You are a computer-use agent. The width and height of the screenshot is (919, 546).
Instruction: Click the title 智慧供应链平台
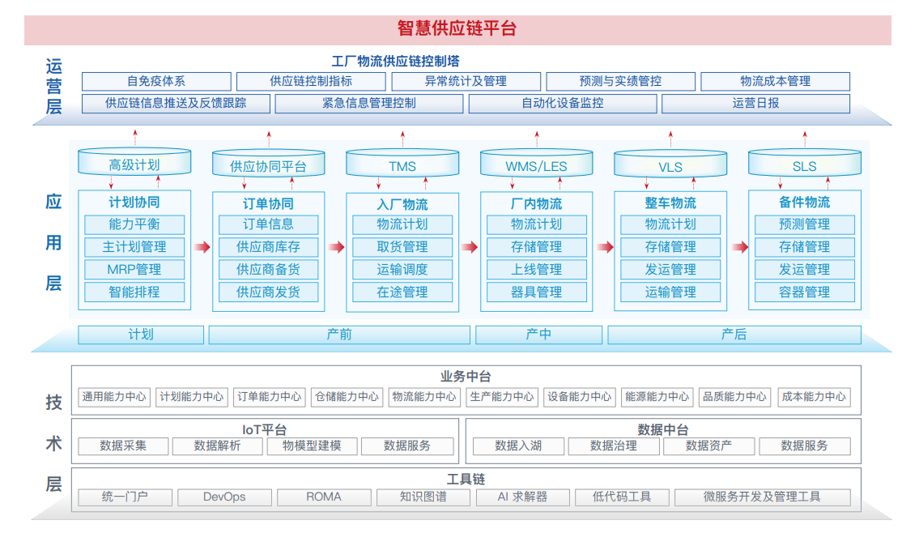(457, 28)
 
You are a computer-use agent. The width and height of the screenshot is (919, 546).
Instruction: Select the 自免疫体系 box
(156, 81)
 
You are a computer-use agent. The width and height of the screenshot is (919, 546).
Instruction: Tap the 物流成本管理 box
(775, 81)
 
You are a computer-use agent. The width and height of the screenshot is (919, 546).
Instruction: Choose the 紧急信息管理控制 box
(369, 103)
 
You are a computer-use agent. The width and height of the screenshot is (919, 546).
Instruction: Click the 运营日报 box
(755, 103)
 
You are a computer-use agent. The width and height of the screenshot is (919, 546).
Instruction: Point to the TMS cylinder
(402, 163)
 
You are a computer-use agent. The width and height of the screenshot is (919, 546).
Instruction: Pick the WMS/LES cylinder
(536, 163)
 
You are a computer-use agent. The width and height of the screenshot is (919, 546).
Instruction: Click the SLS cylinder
(805, 163)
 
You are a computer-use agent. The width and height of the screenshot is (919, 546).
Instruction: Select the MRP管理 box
(134, 270)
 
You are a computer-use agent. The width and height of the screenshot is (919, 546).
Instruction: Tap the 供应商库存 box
(269, 247)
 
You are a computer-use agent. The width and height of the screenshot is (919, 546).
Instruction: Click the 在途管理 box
(402, 292)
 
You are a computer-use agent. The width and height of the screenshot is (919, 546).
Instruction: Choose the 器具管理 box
(536, 292)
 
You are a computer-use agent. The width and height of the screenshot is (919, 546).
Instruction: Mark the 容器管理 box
(805, 292)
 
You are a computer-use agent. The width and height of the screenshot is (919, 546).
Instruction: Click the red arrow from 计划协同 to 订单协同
(202, 247)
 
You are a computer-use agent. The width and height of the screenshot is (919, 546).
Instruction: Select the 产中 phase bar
(538, 335)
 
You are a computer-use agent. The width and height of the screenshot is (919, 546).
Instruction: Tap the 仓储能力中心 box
(347, 397)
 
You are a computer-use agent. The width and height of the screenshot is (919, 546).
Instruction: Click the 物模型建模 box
(312, 446)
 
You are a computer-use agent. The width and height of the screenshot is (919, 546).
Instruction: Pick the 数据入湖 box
(518, 446)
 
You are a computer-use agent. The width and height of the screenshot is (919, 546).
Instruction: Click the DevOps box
(224, 497)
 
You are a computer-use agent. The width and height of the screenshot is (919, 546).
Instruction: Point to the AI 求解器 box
(522, 497)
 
